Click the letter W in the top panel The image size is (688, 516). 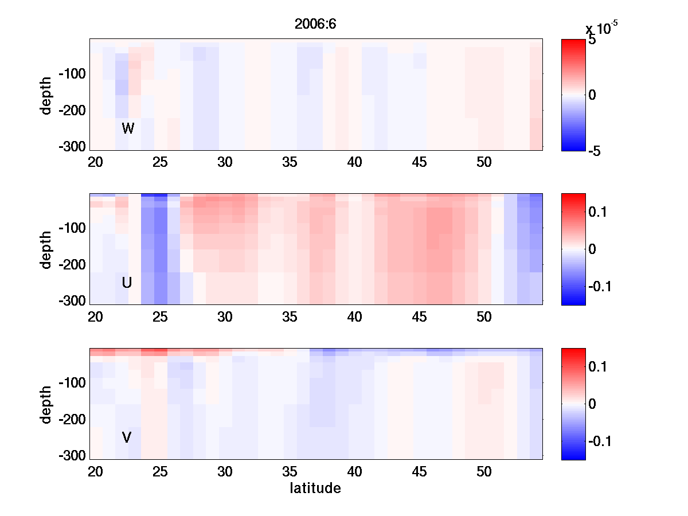pyautogui.click(x=128, y=128)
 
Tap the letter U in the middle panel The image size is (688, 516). pyautogui.click(x=127, y=283)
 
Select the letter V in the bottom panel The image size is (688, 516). pyautogui.click(x=127, y=437)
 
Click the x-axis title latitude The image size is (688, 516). pyautogui.click(x=315, y=488)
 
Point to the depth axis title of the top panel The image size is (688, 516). pyautogui.click(x=46, y=95)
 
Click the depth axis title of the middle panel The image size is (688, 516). pyautogui.click(x=46, y=249)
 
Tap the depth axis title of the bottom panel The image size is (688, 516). pyautogui.click(x=46, y=404)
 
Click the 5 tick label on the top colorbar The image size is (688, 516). pyautogui.click(x=592, y=41)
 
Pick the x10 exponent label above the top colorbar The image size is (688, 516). pyautogui.click(x=601, y=28)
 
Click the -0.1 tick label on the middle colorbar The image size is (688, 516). pyautogui.click(x=601, y=286)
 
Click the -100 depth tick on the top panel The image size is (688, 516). pyautogui.click(x=71, y=74)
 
